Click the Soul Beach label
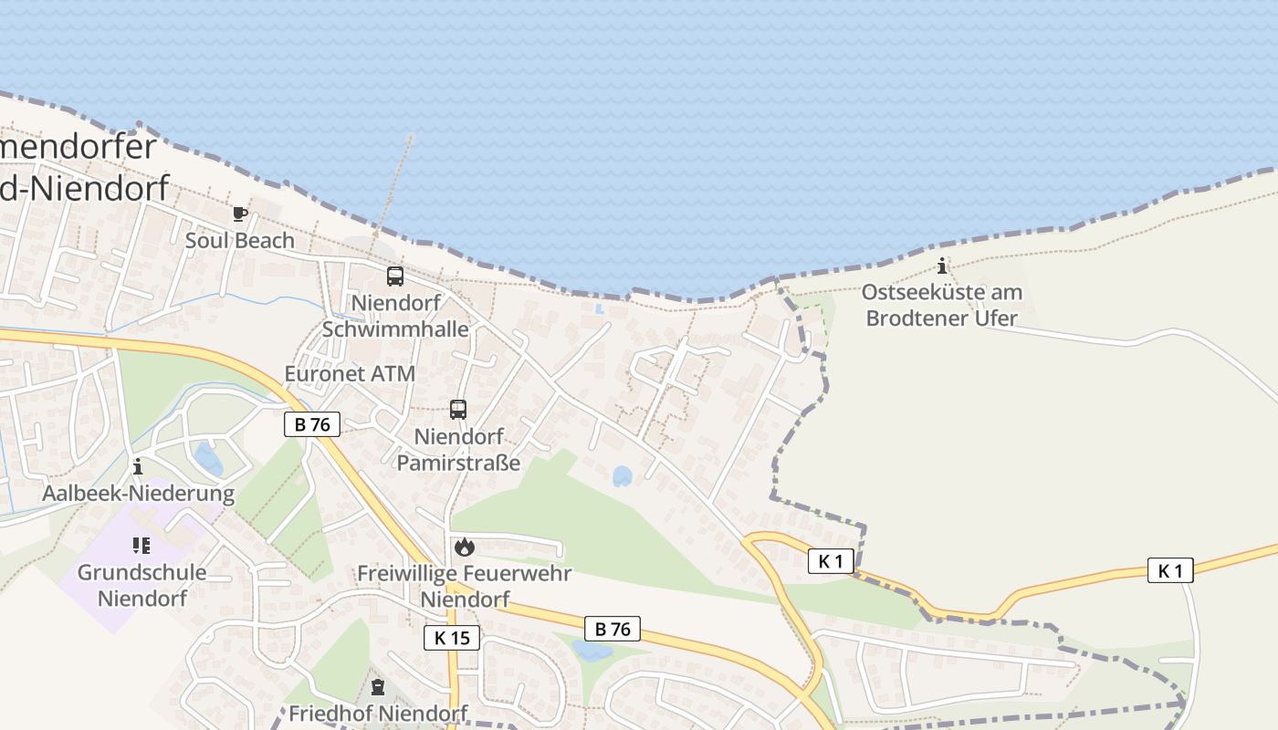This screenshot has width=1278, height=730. (x=240, y=241)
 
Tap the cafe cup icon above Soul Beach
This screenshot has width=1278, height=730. (x=239, y=214)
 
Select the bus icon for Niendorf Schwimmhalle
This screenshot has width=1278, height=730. (x=395, y=276)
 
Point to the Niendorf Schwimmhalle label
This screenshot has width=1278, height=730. (x=395, y=316)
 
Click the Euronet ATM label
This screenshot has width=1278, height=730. (x=350, y=374)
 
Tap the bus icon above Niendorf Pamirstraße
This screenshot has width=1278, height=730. (x=458, y=410)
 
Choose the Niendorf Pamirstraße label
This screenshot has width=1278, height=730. (x=458, y=450)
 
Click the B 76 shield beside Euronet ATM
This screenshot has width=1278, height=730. (x=312, y=424)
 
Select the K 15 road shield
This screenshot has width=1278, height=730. (x=452, y=638)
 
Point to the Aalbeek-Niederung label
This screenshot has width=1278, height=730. (x=139, y=494)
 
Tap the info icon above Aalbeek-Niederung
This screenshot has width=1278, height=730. (x=138, y=467)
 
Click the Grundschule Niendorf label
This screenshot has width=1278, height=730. (x=141, y=586)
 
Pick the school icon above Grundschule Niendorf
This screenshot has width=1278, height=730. (x=141, y=546)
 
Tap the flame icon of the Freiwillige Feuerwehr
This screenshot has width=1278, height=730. (x=465, y=547)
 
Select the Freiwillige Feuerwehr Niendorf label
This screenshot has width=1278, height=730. (x=464, y=587)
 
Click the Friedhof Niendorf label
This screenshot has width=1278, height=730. (x=376, y=714)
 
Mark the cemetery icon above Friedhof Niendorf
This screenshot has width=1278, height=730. (x=378, y=687)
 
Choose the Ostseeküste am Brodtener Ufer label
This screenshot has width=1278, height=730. (x=942, y=306)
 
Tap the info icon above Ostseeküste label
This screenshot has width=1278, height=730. (x=942, y=266)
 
